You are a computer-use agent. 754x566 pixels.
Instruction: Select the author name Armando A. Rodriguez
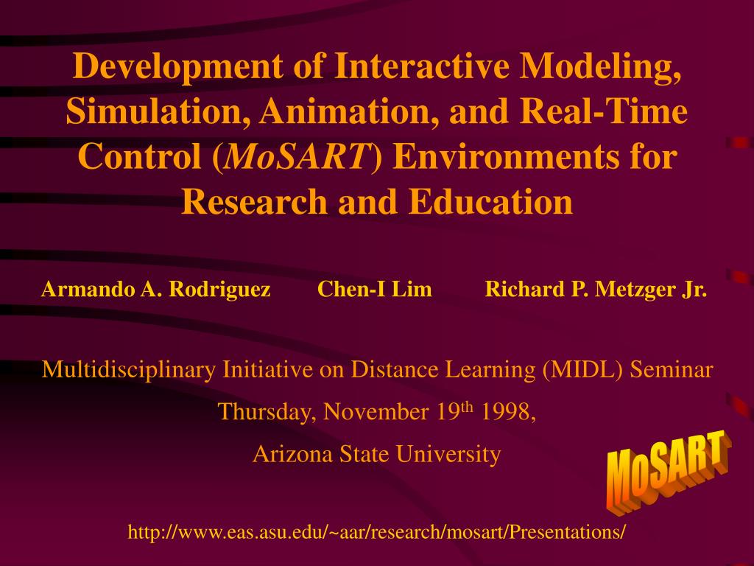(x=156, y=289)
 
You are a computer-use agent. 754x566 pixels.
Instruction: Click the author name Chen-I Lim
(x=375, y=289)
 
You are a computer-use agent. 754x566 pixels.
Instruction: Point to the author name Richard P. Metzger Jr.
(x=596, y=289)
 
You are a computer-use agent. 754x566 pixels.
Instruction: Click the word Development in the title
(x=177, y=66)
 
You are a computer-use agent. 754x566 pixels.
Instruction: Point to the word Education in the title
(x=491, y=201)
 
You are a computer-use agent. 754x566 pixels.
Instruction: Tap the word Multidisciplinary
(x=129, y=370)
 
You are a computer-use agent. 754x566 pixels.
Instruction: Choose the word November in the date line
(x=376, y=412)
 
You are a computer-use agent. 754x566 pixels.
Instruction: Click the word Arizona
(x=292, y=454)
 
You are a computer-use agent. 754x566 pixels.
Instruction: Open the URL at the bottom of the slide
(x=376, y=532)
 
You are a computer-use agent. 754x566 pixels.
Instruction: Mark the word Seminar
(x=672, y=370)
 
